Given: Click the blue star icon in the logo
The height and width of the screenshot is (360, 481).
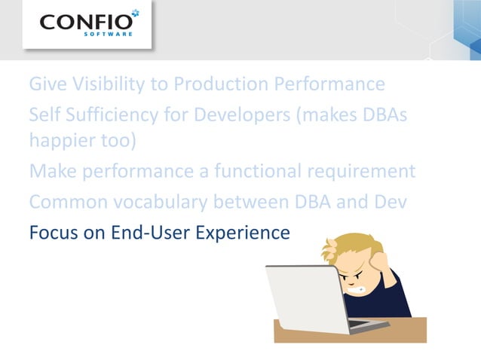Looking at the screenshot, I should [134, 14].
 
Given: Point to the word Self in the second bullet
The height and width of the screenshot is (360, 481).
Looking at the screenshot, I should [45, 115].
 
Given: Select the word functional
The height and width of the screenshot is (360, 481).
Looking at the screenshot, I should [251, 171].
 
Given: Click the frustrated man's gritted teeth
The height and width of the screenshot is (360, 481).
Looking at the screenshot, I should [360, 287].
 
